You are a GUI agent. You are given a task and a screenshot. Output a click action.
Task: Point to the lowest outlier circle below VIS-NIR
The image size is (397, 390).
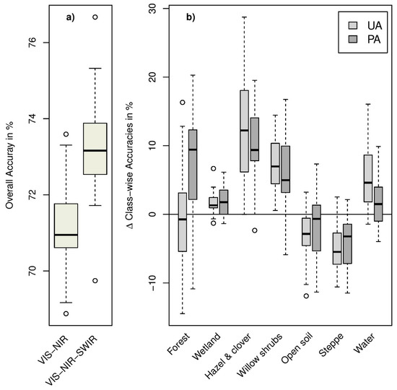[x=66, y=313]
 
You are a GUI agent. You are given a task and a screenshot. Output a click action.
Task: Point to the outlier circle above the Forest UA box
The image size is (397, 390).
[x=182, y=103]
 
